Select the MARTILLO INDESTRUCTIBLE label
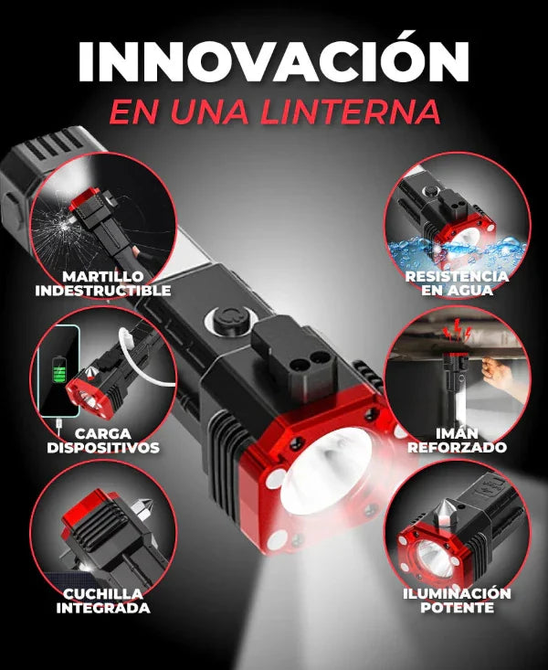pos(103,283)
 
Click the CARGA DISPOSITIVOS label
pos(102,440)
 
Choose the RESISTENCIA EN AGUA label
pos(458,283)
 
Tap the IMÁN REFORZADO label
pos(457,440)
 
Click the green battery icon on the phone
pos(60,375)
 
